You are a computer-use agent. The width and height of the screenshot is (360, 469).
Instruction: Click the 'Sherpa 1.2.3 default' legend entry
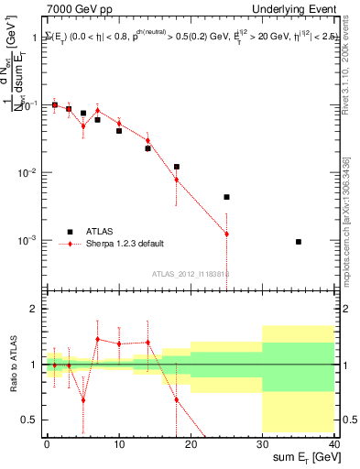coord(121,244)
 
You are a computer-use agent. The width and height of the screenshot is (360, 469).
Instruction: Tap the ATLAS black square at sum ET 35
coord(299,242)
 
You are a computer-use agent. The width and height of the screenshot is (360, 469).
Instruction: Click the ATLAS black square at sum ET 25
coord(226,197)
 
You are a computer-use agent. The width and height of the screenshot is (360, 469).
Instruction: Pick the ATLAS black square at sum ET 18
coord(177,167)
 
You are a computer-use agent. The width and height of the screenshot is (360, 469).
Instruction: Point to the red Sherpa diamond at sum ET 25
coord(226,234)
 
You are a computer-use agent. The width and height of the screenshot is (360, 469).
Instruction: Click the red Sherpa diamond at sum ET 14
coord(147,140)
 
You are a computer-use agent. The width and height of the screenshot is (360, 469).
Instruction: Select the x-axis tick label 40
coord(334,443)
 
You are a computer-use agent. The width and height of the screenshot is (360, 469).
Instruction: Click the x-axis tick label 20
coord(191,443)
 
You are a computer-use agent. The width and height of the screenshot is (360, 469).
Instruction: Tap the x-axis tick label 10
coord(119,443)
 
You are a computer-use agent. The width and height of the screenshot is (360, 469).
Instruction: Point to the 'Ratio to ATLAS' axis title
coord(11,365)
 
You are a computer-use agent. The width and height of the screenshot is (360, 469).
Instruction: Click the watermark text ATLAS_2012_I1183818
coord(191,273)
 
